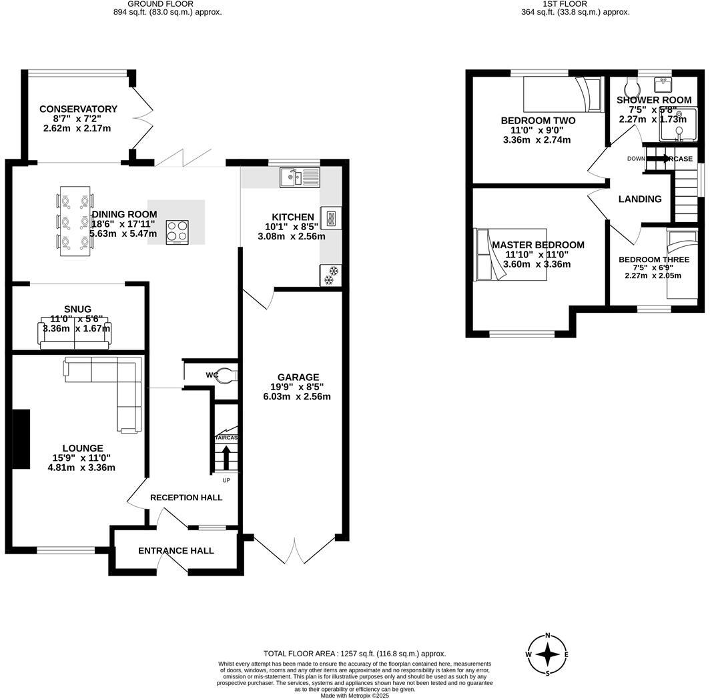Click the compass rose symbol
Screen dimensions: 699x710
click(x=547, y=654)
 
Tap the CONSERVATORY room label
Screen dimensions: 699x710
click(x=78, y=109)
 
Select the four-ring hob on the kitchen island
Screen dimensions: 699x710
click(x=177, y=231)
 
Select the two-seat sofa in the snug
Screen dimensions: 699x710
click(x=74, y=335)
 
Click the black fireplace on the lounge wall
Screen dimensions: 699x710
click(x=21, y=440)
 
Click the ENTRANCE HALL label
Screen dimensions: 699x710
click(x=176, y=551)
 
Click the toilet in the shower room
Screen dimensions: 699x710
click(x=631, y=86)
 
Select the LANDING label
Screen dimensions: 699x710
click(x=639, y=199)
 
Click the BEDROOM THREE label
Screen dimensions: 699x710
click(x=653, y=260)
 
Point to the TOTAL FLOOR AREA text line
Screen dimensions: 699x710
click(x=354, y=654)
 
